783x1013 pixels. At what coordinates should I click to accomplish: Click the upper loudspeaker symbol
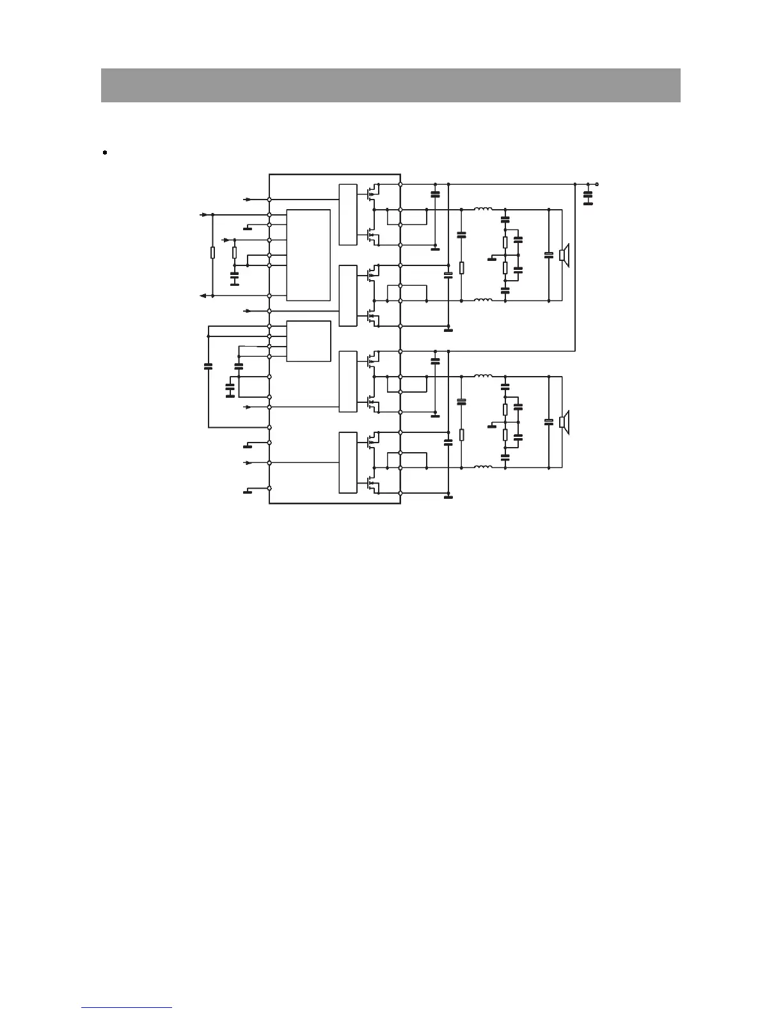point(564,255)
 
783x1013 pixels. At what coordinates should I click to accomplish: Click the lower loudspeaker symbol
point(564,422)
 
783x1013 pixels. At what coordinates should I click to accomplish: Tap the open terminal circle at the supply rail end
point(597,184)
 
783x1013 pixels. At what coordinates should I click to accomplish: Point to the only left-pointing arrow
point(203,295)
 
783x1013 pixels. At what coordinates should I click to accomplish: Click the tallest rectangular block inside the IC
point(308,255)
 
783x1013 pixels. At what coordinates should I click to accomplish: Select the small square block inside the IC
point(308,341)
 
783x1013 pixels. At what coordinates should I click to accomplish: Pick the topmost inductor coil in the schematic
point(483,209)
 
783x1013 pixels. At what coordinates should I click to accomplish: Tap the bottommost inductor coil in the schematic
point(483,467)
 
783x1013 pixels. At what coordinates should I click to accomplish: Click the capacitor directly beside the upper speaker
point(548,255)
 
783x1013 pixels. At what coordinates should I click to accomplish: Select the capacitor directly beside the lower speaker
point(548,421)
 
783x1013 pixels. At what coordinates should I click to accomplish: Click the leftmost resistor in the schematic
point(213,253)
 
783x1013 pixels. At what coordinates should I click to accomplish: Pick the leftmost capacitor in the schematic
point(208,366)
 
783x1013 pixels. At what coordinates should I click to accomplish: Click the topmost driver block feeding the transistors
point(347,214)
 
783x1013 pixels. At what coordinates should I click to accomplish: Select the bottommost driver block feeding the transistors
point(347,462)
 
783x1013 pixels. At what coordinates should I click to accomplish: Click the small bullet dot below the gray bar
point(104,153)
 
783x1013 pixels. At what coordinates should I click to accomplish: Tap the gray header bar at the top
point(390,85)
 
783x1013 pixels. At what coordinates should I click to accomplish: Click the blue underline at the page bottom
point(127,1007)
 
